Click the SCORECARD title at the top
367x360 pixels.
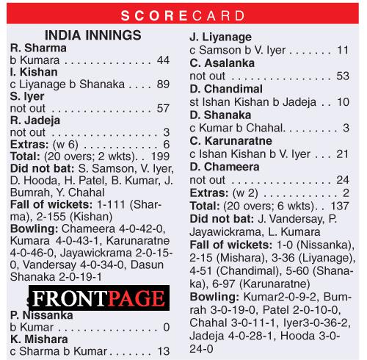pyautogui.click(x=183, y=15)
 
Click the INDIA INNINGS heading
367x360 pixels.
pyautogui.click(x=93, y=35)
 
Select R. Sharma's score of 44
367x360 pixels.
pyautogui.click(x=164, y=60)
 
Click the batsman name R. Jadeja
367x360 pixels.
pyautogui.click(x=35, y=120)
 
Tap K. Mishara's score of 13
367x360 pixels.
pyautogui.click(x=164, y=351)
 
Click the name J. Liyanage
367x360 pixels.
pyautogui.click(x=220, y=37)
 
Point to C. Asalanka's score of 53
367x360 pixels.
pyautogui.click(x=342, y=75)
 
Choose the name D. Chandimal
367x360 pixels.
pyautogui.click(x=225, y=87)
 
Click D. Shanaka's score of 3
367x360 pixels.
pyautogui.click(x=346, y=128)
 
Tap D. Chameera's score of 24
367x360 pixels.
pyautogui.click(x=342, y=180)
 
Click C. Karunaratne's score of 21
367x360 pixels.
pyautogui.click(x=343, y=154)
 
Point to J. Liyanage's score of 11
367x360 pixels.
pyautogui.click(x=343, y=50)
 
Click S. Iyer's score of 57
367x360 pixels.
pyautogui.click(x=163, y=108)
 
